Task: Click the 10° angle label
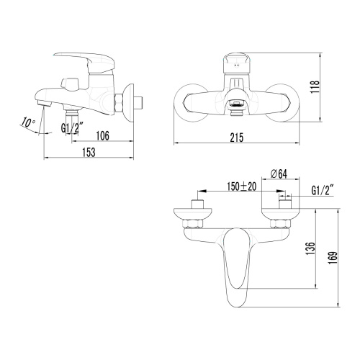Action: (28, 123)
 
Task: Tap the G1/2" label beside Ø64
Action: (322, 192)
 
